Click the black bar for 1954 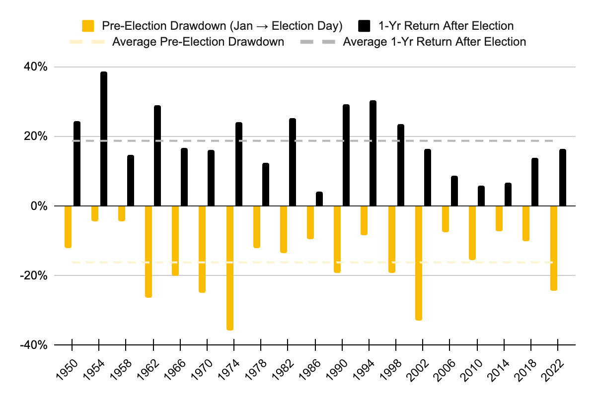[104, 139]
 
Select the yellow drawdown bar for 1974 [230, 268]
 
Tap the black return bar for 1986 [319, 199]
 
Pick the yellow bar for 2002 [419, 263]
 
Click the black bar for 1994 [373, 153]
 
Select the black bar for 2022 [563, 178]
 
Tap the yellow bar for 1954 [95, 213]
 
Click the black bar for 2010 [481, 196]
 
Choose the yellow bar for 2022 [554, 248]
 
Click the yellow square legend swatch [88, 25]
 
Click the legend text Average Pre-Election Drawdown [198, 42]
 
